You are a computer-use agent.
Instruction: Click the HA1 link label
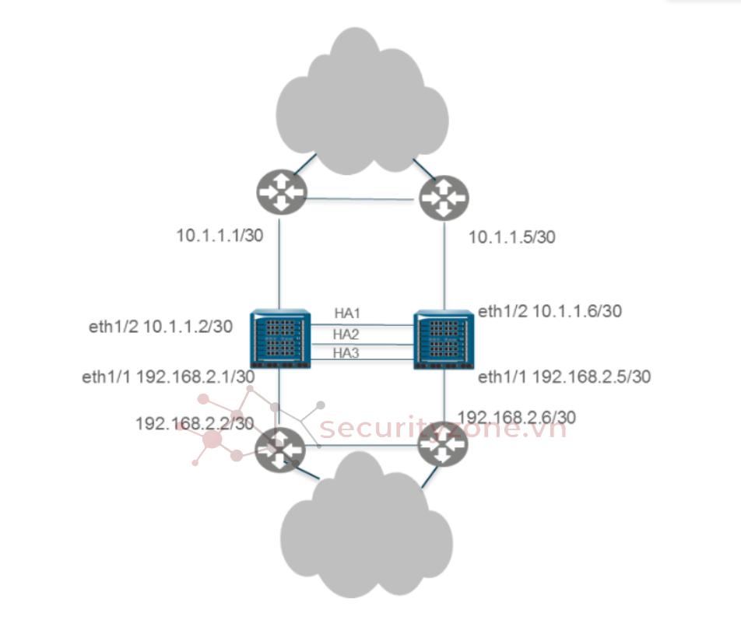pos(347,313)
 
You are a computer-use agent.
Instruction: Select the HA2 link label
pos(347,333)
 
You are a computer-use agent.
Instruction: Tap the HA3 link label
pos(347,353)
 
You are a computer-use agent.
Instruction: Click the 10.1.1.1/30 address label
pos(219,235)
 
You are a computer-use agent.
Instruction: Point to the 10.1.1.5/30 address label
pos(511,237)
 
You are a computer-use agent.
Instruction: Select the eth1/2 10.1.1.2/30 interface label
pos(160,327)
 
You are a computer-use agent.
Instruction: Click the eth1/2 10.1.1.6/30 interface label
pos(550,311)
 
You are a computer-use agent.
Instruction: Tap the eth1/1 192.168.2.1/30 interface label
pos(168,377)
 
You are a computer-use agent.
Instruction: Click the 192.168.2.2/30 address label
pos(195,423)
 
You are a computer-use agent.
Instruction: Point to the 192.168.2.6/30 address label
pos(518,417)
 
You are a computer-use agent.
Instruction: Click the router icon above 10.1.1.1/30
pos(280,191)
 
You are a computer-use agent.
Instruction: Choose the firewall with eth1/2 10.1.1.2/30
pos(280,338)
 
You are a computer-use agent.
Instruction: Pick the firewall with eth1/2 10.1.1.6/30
pos(444,338)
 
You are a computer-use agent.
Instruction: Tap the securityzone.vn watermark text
pos(443,427)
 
